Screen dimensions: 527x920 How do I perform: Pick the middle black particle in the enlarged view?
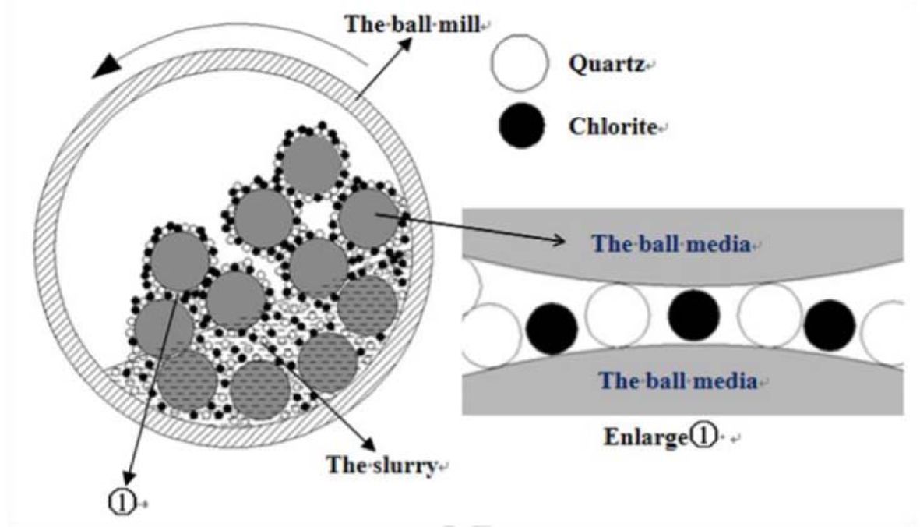coord(693,315)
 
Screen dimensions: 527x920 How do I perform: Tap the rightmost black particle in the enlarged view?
coord(830,325)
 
